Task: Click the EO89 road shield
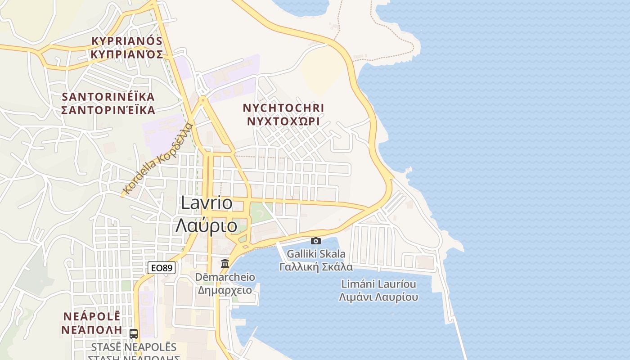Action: (162, 268)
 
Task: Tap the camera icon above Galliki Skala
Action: (316, 241)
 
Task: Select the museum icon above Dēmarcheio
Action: (225, 263)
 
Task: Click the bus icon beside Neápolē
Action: (134, 333)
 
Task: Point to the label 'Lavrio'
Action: (207, 203)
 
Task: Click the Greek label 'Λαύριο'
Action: (207, 225)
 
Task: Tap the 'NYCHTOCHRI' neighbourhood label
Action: (283, 108)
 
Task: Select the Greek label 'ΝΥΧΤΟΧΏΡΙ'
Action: (283, 121)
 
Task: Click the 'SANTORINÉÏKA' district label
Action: (108, 97)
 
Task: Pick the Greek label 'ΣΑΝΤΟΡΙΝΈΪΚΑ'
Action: (108, 110)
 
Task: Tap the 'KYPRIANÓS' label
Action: (126, 41)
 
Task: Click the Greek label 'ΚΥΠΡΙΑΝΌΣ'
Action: (126, 54)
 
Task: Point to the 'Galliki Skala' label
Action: (316, 254)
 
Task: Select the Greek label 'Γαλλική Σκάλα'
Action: (316, 267)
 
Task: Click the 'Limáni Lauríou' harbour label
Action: (378, 284)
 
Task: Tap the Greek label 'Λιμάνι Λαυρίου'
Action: (378, 297)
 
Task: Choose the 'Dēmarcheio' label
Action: (225, 277)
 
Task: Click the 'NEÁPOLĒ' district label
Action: (91, 316)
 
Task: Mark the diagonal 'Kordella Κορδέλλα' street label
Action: (158, 159)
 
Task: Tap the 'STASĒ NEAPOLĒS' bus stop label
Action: (134, 347)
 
